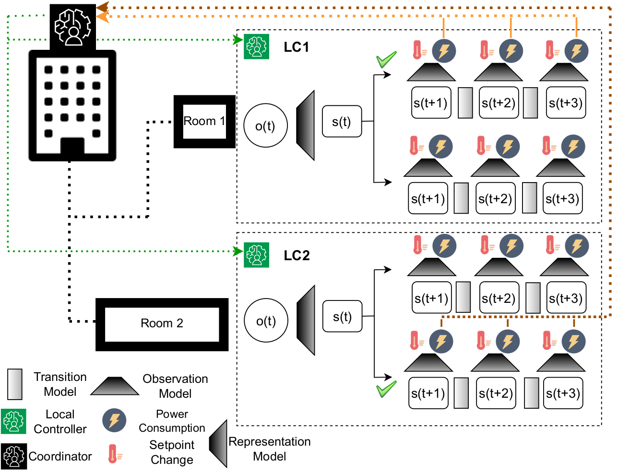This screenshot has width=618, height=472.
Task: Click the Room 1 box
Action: click(204, 121)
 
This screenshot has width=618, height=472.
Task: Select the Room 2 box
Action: click(162, 324)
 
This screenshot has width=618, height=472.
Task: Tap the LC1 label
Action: click(296, 47)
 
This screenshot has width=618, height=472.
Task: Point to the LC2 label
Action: click(297, 255)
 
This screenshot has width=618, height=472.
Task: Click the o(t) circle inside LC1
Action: click(265, 126)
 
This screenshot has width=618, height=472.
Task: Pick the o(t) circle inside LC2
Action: click(266, 321)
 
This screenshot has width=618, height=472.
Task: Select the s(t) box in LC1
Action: click(342, 122)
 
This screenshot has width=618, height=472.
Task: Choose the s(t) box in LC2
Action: click(342, 317)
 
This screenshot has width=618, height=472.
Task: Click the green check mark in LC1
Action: click(386, 59)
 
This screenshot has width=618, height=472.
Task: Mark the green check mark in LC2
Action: click(386, 389)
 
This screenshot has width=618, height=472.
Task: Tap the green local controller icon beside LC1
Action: click(256, 46)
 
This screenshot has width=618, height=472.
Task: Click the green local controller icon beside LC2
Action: click(256, 254)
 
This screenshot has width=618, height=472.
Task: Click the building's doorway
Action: click(72, 148)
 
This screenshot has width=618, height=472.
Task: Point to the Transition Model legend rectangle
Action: click(15, 384)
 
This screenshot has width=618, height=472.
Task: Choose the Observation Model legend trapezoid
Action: click(115, 386)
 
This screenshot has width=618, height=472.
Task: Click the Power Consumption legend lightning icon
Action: click(114, 420)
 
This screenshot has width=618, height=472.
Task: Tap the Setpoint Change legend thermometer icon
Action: click(113, 453)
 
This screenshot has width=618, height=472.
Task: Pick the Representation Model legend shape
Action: click(218, 443)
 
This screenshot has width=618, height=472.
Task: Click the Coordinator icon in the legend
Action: click(13, 456)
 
